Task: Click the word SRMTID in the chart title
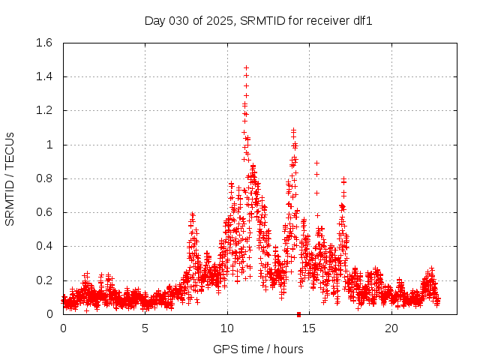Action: click(262, 21)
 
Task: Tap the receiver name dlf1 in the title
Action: click(362, 21)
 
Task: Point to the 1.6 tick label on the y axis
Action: click(44, 43)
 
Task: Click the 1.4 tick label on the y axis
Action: click(44, 76)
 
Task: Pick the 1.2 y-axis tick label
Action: click(44, 111)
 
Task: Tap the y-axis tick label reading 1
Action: click(50, 145)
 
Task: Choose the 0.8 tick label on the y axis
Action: click(44, 178)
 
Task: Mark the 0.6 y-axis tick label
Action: click(44, 212)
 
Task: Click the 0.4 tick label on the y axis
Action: click(44, 247)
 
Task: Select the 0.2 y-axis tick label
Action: click(44, 280)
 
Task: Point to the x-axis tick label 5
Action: click(145, 328)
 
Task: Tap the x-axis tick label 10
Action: click(227, 328)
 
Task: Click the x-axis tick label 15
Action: click(310, 328)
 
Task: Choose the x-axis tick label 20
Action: click(391, 328)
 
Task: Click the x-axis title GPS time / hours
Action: click(258, 349)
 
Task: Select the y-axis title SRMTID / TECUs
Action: click(10, 178)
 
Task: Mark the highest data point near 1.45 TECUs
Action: click(246, 67)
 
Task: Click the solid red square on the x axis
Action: click(298, 314)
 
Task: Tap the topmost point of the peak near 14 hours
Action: click(293, 130)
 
